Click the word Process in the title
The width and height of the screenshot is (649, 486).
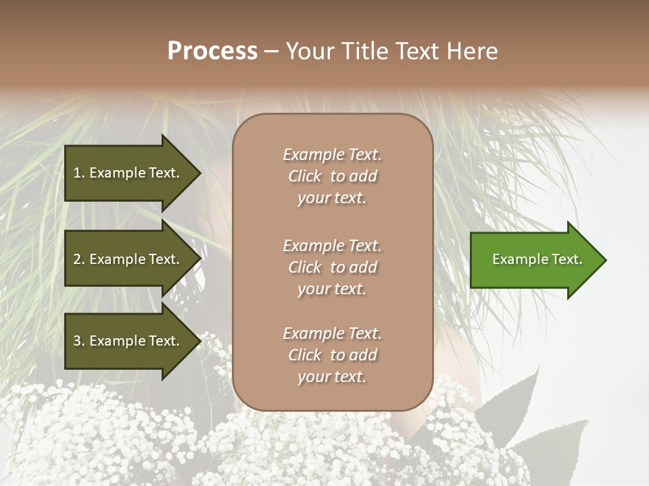[212, 51]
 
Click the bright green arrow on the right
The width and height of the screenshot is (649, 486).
[534, 259]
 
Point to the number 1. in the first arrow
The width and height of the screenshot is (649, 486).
[79, 173]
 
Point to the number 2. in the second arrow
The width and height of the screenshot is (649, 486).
[79, 259]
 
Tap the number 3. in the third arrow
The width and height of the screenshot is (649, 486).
[79, 341]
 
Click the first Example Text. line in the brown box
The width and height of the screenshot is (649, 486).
[332, 155]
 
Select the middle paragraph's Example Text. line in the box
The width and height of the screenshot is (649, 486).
[332, 246]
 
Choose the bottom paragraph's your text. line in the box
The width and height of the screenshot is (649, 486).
[332, 377]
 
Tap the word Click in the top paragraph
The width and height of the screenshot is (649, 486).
[304, 176]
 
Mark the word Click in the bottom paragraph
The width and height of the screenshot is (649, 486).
[304, 355]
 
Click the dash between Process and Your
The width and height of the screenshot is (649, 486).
[271, 51]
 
